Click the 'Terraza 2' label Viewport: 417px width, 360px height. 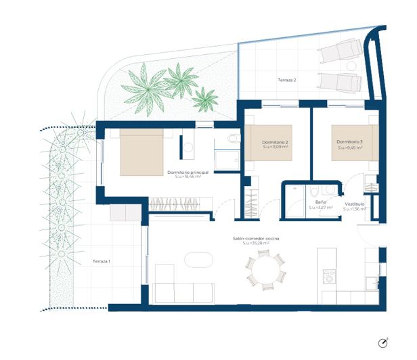(x=287, y=80)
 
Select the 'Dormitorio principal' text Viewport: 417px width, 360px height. (x=188, y=173)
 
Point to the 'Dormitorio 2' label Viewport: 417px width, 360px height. (x=276, y=142)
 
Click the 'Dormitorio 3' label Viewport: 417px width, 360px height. (x=350, y=142)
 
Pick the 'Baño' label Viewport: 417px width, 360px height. (x=322, y=202)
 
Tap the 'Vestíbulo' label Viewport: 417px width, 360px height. (x=355, y=204)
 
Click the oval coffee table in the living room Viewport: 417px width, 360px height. (x=198, y=262)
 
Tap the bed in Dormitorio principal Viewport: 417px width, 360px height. (x=141, y=152)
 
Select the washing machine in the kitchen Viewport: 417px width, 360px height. (x=330, y=277)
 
